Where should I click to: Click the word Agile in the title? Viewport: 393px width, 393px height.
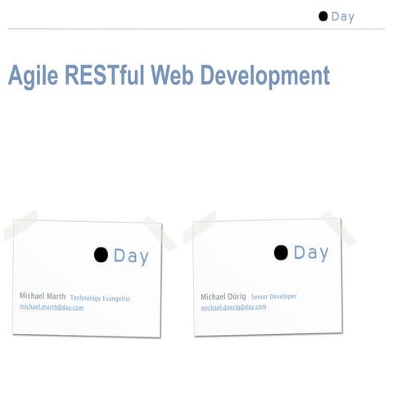[x=31, y=75]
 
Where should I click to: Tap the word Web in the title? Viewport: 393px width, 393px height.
[x=173, y=75]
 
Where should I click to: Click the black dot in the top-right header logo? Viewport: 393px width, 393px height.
[x=323, y=16]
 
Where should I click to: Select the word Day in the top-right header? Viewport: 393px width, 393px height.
[x=343, y=16]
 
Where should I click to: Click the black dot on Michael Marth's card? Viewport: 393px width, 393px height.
[x=101, y=255]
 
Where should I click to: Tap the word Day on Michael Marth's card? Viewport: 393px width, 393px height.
[x=131, y=256]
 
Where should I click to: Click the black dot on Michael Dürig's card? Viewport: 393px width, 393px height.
[x=281, y=252]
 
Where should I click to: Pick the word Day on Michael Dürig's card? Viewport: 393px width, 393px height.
[x=311, y=252]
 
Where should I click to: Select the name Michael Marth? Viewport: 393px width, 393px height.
[x=43, y=296]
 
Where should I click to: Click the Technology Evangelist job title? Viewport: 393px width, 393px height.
[x=100, y=298]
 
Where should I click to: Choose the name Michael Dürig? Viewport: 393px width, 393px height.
[x=224, y=296]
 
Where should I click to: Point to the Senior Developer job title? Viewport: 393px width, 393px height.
[x=274, y=296]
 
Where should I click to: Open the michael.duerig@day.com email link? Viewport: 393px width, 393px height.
[x=234, y=307]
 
